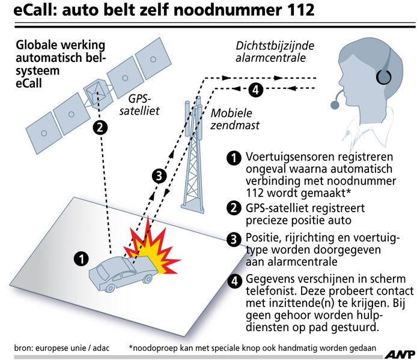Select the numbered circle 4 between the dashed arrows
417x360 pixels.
(x=255, y=90)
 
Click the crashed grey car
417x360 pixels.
(x=123, y=272)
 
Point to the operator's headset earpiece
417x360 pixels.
(x=383, y=77)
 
